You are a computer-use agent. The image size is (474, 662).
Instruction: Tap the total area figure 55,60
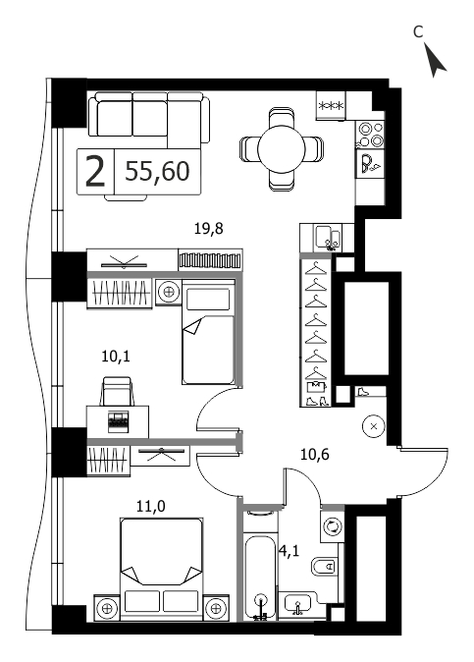coord(157,172)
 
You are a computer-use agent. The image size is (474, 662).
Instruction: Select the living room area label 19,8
coord(208,229)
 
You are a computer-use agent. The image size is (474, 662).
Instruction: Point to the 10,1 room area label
coord(116,357)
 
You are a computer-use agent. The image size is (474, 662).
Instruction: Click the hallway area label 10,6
coord(315,455)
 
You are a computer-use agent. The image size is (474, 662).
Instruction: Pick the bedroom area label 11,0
coord(151,506)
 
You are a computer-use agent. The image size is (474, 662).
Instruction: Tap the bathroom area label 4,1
coord(290,551)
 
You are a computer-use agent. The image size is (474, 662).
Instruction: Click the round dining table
coord(282,148)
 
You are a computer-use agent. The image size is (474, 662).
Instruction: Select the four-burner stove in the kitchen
coord(370,135)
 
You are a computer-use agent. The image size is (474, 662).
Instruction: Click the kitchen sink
coord(327,238)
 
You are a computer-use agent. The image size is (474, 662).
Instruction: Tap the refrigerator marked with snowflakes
coord(331,105)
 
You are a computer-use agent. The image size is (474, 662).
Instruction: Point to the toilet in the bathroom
coord(325,566)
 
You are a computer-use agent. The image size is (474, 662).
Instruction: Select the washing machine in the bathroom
coord(333,526)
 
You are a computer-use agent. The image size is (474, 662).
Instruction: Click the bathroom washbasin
coord(297,603)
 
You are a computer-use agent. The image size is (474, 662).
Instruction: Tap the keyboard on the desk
coord(118,421)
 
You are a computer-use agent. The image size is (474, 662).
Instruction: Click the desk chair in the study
coord(117,392)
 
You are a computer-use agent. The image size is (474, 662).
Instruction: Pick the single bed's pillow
coord(208,300)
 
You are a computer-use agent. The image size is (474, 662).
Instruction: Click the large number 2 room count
coord(95,172)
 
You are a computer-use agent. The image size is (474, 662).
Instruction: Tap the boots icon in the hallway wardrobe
coord(316,401)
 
